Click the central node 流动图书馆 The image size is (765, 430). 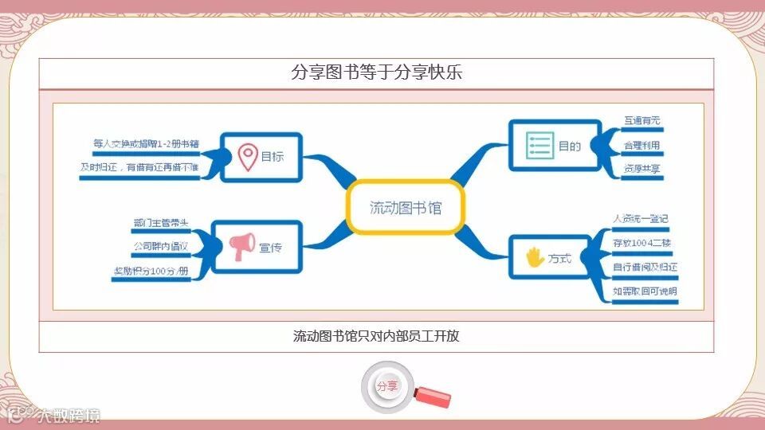405,209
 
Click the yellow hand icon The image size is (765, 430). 534,257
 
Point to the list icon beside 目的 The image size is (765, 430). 539,145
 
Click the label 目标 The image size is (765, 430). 272,157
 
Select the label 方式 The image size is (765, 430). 559,258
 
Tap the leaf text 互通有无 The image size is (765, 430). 642,121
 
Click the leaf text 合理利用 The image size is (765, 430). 642,145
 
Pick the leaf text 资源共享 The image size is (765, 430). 642,169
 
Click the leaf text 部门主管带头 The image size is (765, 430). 162,224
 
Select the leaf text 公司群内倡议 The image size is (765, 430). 161,247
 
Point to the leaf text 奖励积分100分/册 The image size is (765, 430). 151,272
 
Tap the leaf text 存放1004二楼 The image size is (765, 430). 642,242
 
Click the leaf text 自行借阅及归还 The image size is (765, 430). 645,267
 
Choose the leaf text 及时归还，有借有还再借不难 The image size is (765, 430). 139,168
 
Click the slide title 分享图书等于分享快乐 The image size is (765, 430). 377,72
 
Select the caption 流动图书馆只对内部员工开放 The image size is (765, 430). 376,336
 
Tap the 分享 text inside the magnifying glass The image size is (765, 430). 387,386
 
